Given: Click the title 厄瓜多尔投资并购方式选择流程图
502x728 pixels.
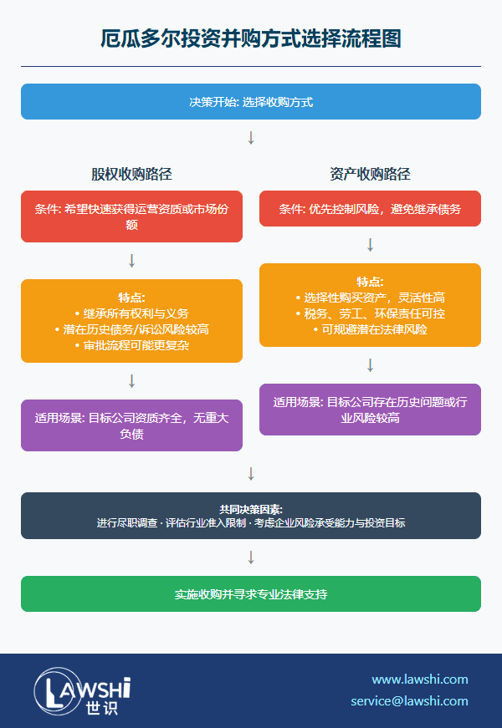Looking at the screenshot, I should pyautogui.click(x=251, y=38).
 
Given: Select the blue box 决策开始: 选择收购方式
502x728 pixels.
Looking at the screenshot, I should pyautogui.click(x=251, y=102).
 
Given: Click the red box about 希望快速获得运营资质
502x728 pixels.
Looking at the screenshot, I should pyautogui.click(x=131, y=216).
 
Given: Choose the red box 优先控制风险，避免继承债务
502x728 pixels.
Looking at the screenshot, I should pyautogui.click(x=370, y=209).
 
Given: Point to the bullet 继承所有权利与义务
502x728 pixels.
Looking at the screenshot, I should pyautogui.click(x=131, y=313).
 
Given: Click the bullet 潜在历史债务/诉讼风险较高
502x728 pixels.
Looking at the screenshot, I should pyautogui.click(x=131, y=329).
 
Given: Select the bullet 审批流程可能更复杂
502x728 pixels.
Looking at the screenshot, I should pyautogui.click(x=131, y=344).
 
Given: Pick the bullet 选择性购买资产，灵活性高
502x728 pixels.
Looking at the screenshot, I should pyautogui.click(x=370, y=298).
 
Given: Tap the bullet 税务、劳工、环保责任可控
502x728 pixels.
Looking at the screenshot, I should pyautogui.click(x=370, y=313).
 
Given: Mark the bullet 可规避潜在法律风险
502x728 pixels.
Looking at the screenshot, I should pyautogui.click(x=370, y=328).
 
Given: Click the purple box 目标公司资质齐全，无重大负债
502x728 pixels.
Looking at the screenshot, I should pyautogui.click(x=131, y=425).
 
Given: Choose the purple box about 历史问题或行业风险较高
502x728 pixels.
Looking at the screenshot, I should pyautogui.click(x=370, y=410).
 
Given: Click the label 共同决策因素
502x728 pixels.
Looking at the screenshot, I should pyautogui.click(x=251, y=508).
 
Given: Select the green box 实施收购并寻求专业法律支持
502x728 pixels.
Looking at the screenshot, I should pyautogui.click(x=251, y=594).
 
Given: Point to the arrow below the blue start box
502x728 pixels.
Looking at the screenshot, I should pyautogui.click(x=251, y=138).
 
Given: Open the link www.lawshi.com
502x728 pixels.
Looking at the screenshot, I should pyautogui.click(x=420, y=679).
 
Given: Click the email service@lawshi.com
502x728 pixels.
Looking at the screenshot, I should pyautogui.click(x=409, y=700).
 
